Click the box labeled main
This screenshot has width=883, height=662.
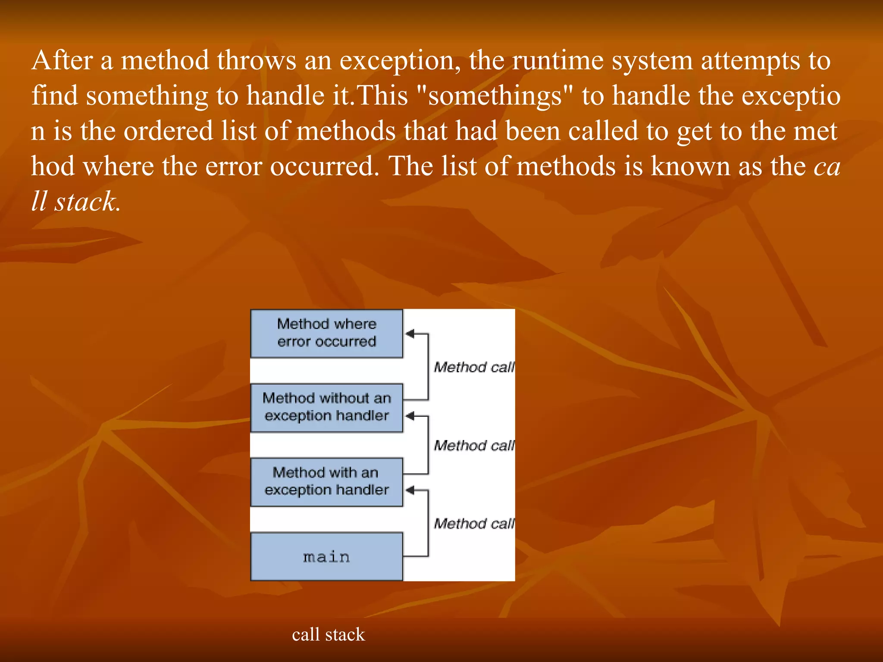(x=326, y=556)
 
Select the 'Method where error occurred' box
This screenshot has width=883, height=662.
(x=326, y=333)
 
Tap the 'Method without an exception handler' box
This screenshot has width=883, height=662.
(x=326, y=407)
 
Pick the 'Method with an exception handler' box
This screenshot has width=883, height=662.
(x=326, y=481)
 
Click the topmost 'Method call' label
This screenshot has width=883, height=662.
(x=474, y=367)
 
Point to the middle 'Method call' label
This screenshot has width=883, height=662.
(x=474, y=445)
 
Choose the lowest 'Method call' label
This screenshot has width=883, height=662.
(x=474, y=523)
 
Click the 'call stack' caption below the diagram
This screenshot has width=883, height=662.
(x=328, y=634)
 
